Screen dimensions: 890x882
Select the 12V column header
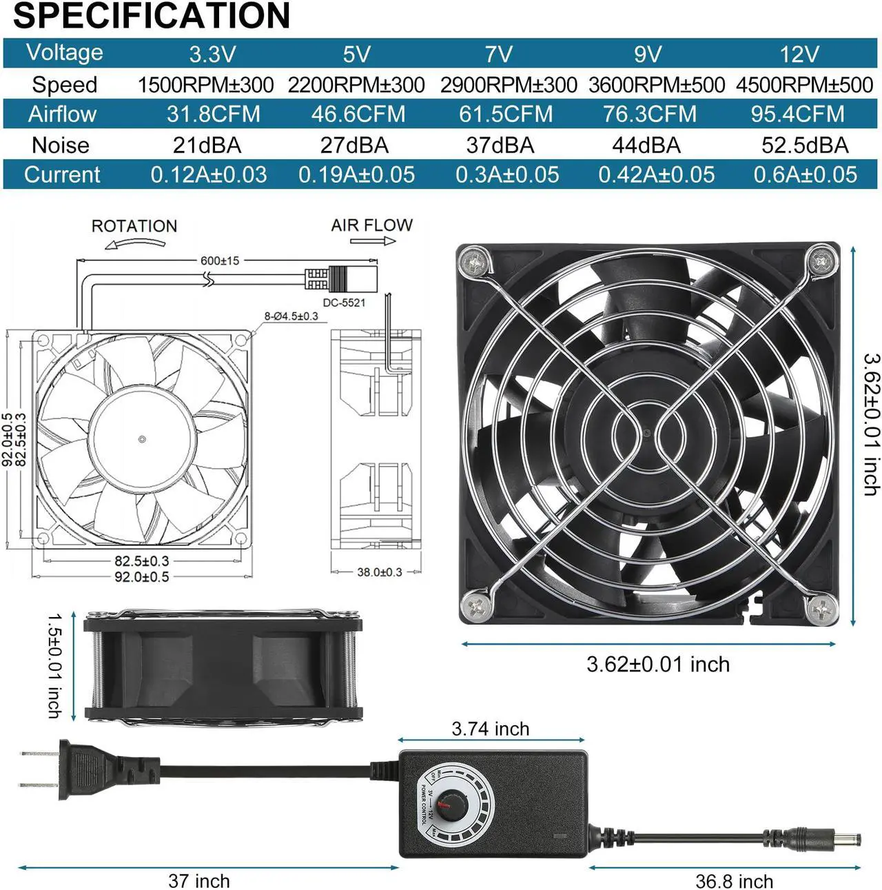(799, 54)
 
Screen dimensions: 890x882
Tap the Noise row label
(61, 145)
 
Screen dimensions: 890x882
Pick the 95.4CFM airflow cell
(797, 114)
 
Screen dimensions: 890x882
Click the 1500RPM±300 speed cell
(205, 85)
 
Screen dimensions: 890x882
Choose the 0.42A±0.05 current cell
(656, 174)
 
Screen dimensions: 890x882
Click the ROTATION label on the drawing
(134, 226)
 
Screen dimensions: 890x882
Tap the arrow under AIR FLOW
(373, 241)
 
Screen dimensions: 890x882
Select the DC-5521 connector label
(344, 303)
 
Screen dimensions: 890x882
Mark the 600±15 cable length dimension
(220, 261)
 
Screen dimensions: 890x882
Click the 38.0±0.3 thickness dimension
(379, 572)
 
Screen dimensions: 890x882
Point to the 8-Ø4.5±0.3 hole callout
(291, 316)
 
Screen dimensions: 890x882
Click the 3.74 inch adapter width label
(491, 729)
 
